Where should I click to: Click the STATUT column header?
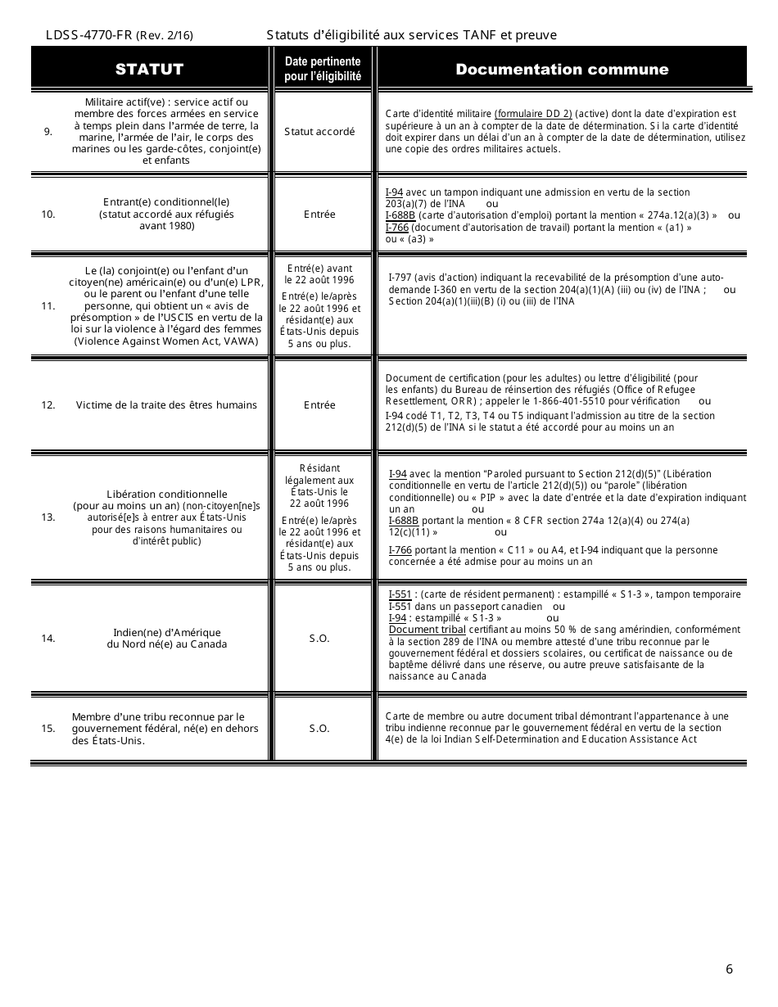[x=149, y=69]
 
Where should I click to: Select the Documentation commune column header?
[x=562, y=69]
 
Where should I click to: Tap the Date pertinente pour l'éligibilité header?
[x=323, y=69]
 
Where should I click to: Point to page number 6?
[x=729, y=970]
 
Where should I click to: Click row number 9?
[x=48, y=131]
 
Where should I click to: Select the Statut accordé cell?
[x=319, y=132]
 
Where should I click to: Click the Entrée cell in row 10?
[x=319, y=214]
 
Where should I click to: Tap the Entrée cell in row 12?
[x=319, y=405]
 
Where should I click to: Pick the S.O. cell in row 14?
[x=319, y=639]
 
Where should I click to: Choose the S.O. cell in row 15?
[x=319, y=728]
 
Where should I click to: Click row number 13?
[x=48, y=517]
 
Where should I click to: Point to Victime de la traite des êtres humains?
[x=166, y=405]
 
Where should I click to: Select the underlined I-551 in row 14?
[x=400, y=594]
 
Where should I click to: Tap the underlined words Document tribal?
[x=427, y=630]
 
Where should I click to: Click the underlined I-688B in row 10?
[x=401, y=215]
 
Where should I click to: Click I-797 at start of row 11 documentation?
[x=400, y=277]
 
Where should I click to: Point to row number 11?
[x=48, y=306]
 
